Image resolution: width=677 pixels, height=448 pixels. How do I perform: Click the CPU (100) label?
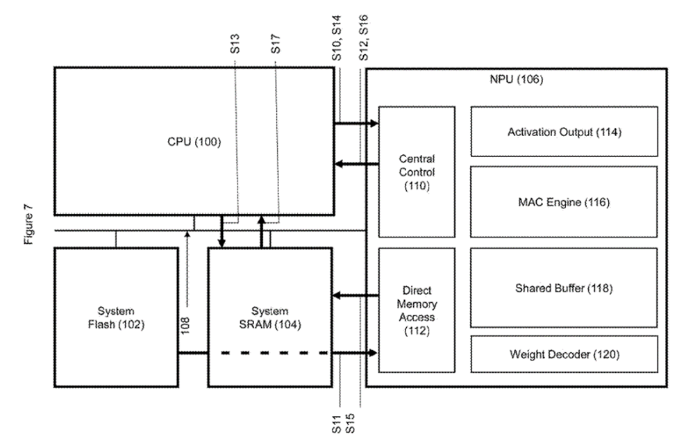click(193, 142)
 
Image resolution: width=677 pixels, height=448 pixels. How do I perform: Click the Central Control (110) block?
click(417, 172)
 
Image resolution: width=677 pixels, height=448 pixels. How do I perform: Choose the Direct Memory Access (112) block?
click(417, 310)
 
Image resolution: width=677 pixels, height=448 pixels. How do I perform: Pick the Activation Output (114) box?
click(563, 131)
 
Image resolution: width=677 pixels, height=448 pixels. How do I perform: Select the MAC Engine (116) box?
click(563, 203)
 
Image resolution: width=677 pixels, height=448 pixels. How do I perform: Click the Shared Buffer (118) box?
click(563, 287)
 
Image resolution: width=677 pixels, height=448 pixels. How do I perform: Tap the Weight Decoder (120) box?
click(563, 354)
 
